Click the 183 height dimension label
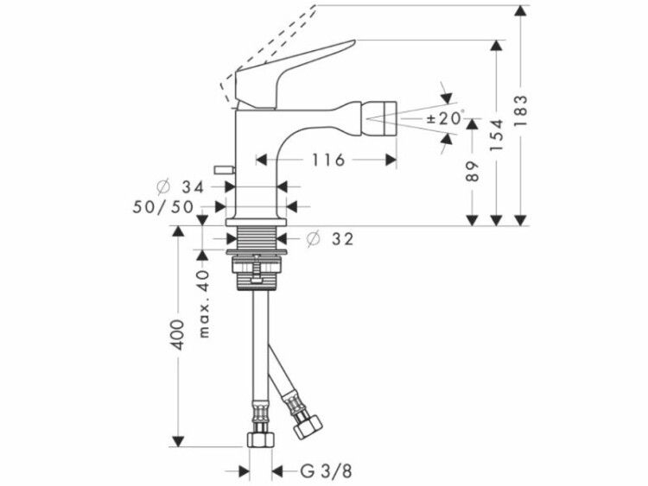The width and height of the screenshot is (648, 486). (x=522, y=110)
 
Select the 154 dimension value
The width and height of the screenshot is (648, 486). (x=497, y=135)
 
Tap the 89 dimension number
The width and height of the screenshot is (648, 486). (x=473, y=171)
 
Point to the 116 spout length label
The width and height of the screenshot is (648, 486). (x=327, y=160)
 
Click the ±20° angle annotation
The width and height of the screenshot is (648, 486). (x=445, y=118)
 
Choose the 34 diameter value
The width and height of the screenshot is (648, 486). (x=193, y=187)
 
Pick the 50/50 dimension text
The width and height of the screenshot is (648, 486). (x=162, y=207)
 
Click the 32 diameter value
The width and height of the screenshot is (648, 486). (x=343, y=238)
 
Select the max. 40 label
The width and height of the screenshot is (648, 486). (x=204, y=304)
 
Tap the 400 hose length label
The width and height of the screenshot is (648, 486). (x=178, y=334)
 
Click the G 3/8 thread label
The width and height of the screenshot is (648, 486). (x=326, y=471)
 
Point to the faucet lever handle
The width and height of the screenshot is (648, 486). (x=289, y=74)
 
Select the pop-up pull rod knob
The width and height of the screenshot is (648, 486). (x=225, y=169)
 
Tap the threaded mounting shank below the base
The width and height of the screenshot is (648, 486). (x=257, y=237)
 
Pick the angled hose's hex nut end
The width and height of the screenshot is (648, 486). (x=308, y=426)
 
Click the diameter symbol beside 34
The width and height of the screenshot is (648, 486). (x=163, y=187)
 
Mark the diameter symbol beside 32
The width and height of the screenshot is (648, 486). (x=313, y=238)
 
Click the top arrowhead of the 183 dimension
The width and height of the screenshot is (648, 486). (x=522, y=10)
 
